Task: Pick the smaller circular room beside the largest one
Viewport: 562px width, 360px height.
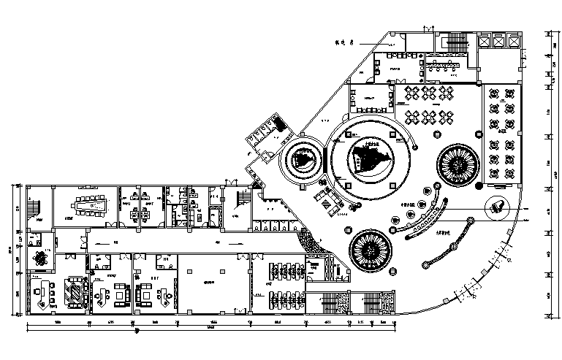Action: pos(301,159)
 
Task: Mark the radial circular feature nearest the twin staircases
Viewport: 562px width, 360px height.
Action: pos(373,251)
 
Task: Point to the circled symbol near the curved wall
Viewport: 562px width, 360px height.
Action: pos(498,206)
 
